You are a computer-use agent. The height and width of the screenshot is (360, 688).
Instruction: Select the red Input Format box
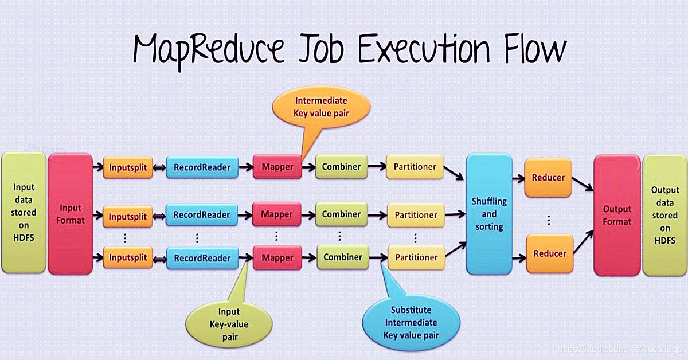70,214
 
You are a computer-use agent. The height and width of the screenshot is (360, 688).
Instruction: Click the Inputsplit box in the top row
128,167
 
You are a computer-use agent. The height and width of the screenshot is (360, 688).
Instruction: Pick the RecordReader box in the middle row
201,215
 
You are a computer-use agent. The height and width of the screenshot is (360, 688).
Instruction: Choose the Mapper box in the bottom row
277,258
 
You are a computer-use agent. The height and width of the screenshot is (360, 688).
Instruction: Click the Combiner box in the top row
341,167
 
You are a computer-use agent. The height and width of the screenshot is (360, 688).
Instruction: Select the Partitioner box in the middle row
416,215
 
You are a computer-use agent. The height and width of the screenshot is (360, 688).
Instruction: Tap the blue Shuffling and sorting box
489,214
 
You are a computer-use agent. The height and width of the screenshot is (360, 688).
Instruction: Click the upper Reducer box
549,178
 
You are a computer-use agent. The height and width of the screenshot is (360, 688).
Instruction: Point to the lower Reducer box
549,253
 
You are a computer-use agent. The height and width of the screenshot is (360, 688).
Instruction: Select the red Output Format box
617,215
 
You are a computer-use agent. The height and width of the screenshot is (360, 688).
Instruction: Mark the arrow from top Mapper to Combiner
308,167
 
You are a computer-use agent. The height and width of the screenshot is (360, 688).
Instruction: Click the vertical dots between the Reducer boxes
549,220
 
